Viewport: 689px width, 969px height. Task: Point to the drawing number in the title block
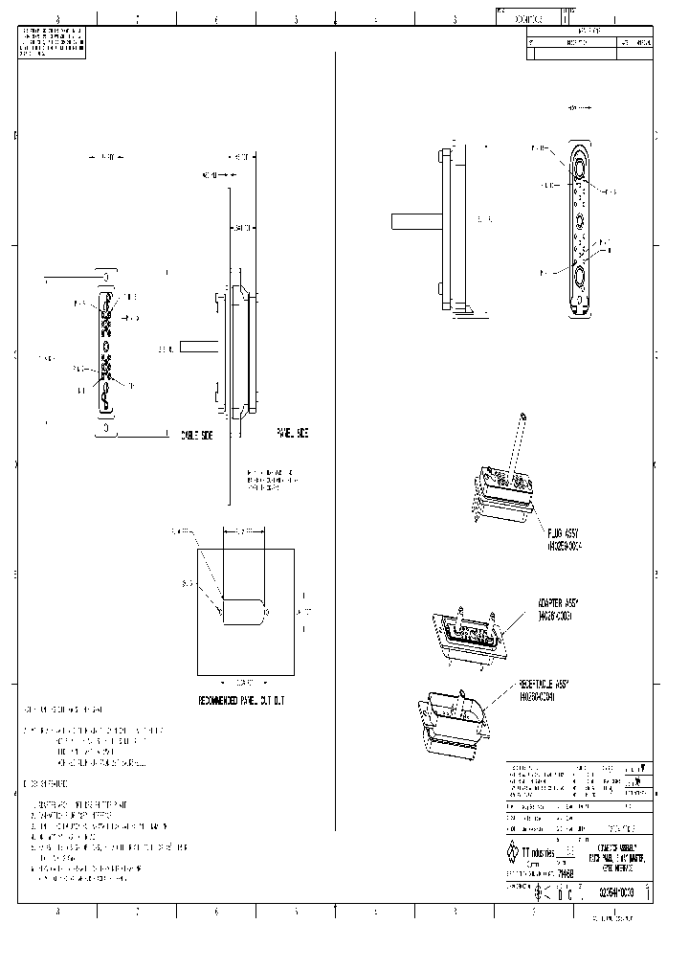pos(616,892)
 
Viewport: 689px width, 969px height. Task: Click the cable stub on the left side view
pos(198,349)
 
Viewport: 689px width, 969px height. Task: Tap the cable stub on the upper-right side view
pos(413,220)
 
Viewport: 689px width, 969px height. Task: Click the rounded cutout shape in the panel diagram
pos(246,610)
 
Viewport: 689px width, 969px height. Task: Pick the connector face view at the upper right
pos(581,230)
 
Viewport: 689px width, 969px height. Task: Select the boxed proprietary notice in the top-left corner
pos(53,42)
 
